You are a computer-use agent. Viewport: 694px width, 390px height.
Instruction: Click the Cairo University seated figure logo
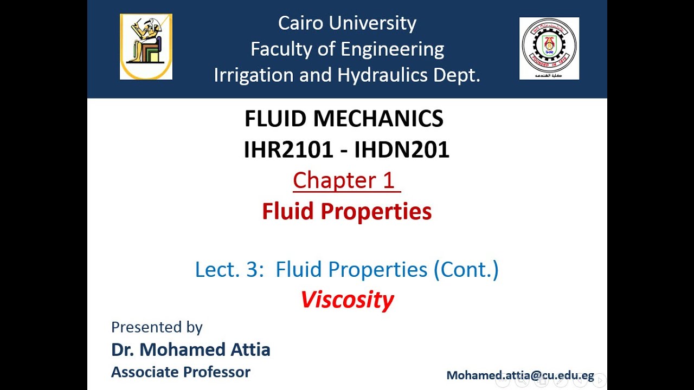click(x=146, y=47)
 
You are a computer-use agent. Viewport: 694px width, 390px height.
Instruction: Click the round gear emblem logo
click(x=549, y=48)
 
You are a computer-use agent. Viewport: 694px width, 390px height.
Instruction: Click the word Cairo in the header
click(x=301, y=23)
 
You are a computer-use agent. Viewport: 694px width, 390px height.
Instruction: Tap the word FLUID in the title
click(x=273, y=119)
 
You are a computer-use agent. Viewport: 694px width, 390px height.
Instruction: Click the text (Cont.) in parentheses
click(x=466, y=269)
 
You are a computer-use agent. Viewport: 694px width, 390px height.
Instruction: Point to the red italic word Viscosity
click(x=347, y=300)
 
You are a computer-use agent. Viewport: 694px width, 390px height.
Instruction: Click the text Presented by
click(x=157, y=327)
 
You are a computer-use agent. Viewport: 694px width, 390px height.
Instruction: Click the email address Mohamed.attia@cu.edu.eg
click(x=520, y=375)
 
